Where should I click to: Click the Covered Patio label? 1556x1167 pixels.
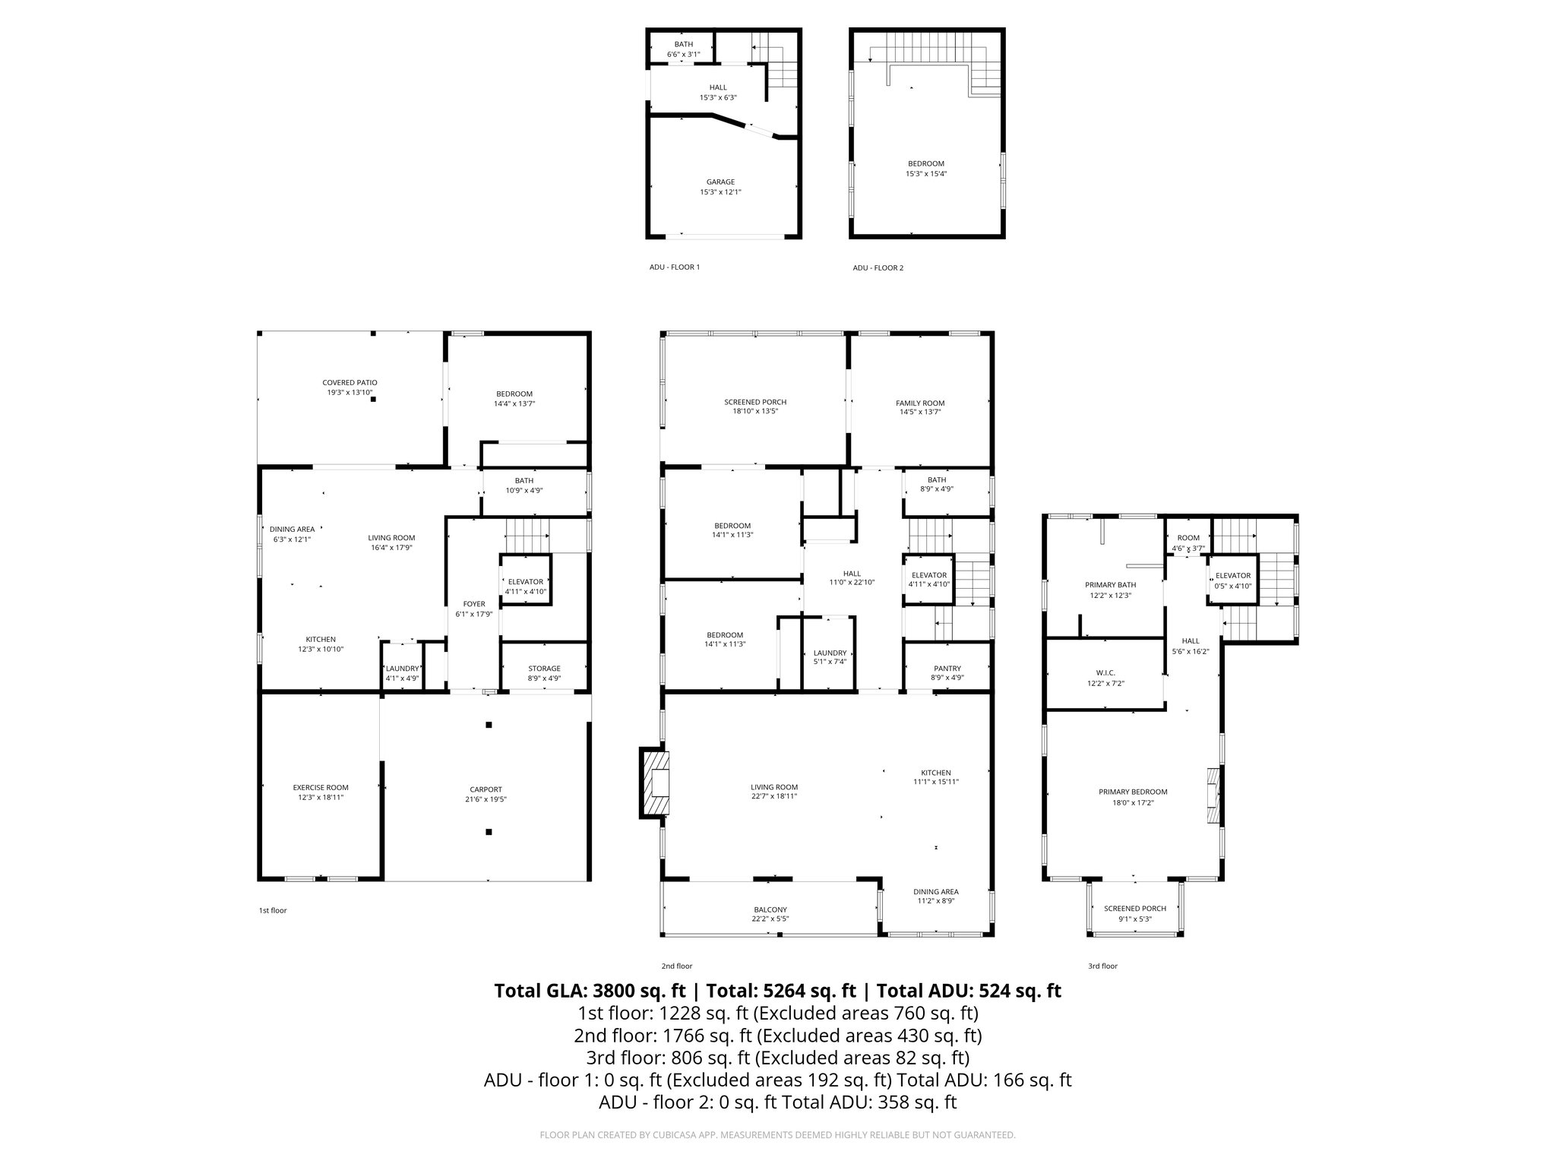coord(349,383)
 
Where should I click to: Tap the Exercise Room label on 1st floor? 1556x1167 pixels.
coord(321,788)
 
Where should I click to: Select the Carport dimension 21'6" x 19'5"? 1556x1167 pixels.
coord(485,799)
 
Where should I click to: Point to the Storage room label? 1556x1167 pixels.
coord(544,669)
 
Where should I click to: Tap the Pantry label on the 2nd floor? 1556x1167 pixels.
coord(947,669)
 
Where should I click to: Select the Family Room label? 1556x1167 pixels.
coord(919,403)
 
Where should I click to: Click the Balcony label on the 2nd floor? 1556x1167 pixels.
coord(770,909)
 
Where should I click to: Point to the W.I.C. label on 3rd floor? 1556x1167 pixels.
coord(1105,673)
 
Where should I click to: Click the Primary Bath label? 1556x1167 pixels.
coord(1110,585)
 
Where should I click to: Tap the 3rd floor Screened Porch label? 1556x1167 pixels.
coord(1134,909)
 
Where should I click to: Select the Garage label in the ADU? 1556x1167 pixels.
coord(720,182)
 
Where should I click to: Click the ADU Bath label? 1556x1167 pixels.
coord(683,45)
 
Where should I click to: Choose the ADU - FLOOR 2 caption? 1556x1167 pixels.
coord(878,268)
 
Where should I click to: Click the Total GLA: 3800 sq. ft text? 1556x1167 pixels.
coord(590,991)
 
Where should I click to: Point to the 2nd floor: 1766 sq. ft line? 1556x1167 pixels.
coord(777,1036)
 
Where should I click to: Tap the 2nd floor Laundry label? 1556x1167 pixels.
coord(830,653)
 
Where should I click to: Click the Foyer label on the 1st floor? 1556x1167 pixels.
coord(474,605)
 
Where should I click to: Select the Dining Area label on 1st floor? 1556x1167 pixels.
coord(292,530)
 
